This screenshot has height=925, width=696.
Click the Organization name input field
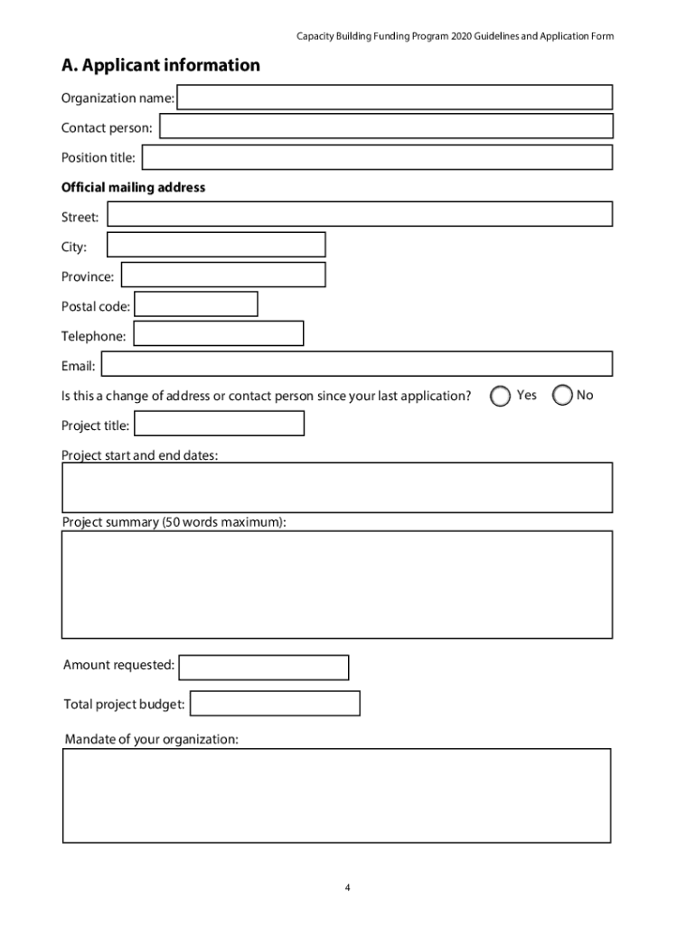tap(394, 98)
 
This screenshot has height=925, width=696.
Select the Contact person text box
tap(386, 127)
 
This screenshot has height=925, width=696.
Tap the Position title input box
tap(377, 157)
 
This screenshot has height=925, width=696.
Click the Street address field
tap(359, 214)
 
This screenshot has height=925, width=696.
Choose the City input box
tap(216, 245)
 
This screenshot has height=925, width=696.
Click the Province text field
tap(223, 275)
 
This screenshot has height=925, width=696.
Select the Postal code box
tap(195, 304)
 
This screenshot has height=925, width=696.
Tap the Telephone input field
tap(218, 334)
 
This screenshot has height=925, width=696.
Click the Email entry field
tap(356, 364)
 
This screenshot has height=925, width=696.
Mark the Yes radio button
tap(500, 396)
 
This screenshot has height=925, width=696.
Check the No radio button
tap(562, 396)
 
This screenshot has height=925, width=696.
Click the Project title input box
tap(219, 424)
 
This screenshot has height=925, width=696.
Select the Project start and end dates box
tap(336, 488)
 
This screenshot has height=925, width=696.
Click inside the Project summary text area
tap(336, 584)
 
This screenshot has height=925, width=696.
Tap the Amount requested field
tap(263, 668)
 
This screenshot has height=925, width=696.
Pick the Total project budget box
tap(275, 704)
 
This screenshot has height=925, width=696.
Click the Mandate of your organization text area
tap(336, 796)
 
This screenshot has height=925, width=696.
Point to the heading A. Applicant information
tap(160, 65)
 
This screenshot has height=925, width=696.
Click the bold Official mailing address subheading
tap(133, 188)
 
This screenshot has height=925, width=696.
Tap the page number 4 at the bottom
tap(347, 888)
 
